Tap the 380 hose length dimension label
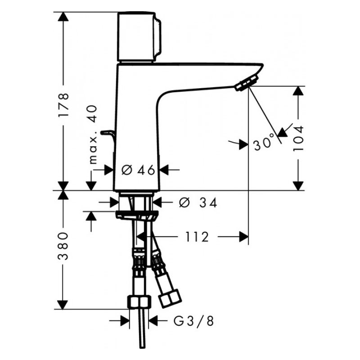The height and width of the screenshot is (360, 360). click(63, 246)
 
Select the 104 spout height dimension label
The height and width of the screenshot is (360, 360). click(298, 138)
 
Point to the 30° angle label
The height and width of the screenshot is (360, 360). click(264, 142)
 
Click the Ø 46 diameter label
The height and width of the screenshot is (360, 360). click(138, 170)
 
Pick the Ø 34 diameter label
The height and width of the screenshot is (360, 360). click(198, 203)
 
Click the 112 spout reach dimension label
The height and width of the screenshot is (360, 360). click(197, 237)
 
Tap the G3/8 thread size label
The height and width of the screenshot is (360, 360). click(193, 321)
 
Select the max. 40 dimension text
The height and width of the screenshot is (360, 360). click(93, 135)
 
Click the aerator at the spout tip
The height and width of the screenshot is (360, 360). click(246, 84)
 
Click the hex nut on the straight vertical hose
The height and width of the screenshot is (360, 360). click(139, 302)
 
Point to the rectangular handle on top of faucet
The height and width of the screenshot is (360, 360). click(139, 37)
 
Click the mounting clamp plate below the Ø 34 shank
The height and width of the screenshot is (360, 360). click(137, 215)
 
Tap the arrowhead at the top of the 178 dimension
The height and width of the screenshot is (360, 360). click(63, 17)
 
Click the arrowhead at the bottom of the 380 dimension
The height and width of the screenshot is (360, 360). click(63, 305)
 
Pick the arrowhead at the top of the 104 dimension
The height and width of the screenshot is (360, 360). click(298, 91)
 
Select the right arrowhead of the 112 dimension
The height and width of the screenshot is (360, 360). click(243, 237)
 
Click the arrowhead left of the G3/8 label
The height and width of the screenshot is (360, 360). click(125, 321)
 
